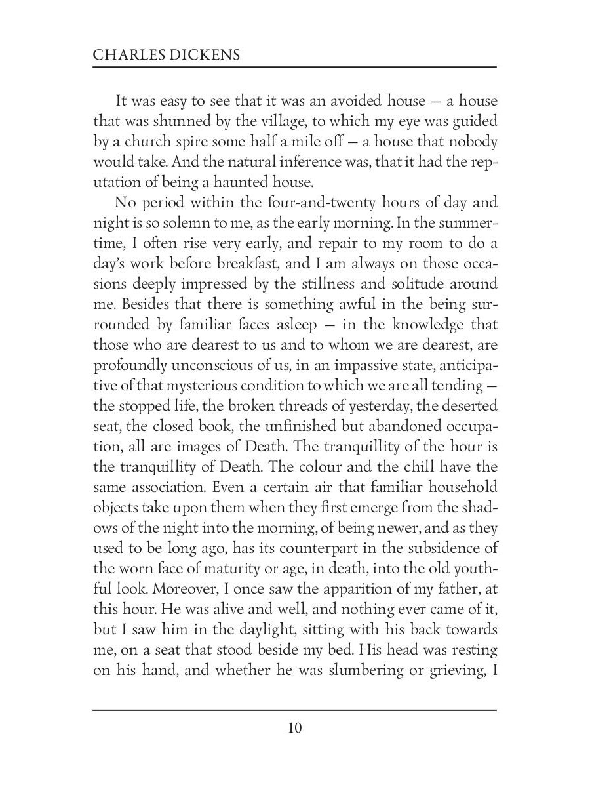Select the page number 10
click(x=294, y=728)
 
